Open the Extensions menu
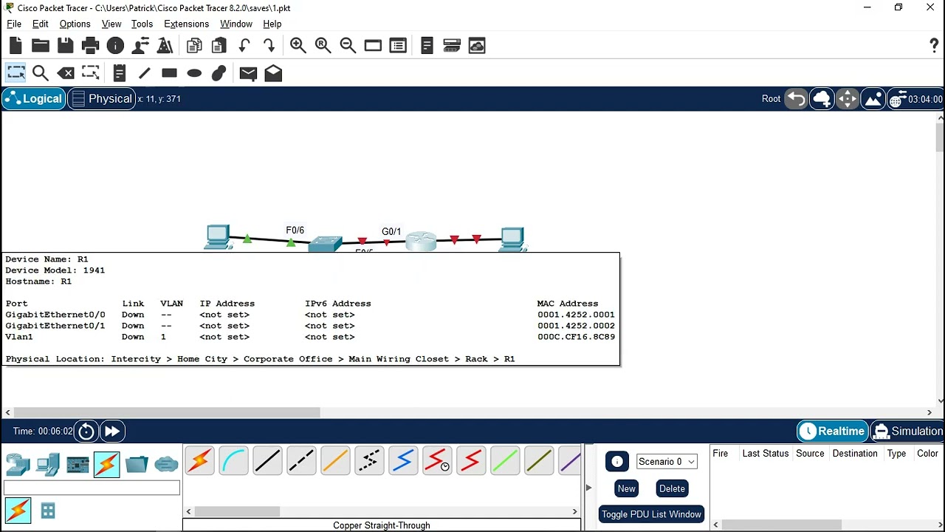pyautogui.click(x=186, y=24)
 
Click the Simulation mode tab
pyautogui.click(x=907, y=431)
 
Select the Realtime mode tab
pyautogui.click(x=832, y=431)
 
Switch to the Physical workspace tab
pyautogui.click(x=102, y=99)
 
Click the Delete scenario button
pyautogui.click(x=672, y=488)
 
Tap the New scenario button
pyautogui.click(x=626, y=488)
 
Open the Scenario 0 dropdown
pyautogui.click(x=666, y=462)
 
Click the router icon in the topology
pyautogui.click(x=421, y=241)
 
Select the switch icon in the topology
pyautogui.click(x=325, y=244)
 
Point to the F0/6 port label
pyautogui.click(x=295, y=230)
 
